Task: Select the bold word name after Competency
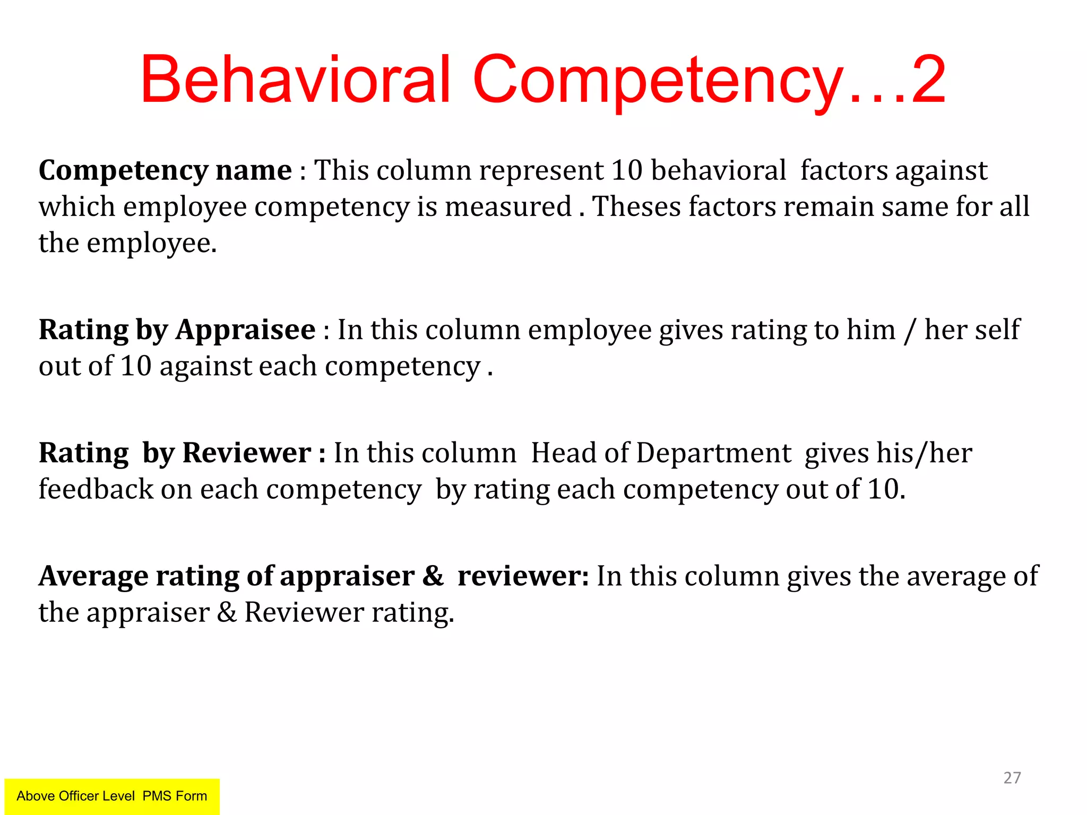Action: click(x=254, y=171)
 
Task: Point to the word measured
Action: click(x=508, y=207)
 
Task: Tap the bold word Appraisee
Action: click(x=245, y=331)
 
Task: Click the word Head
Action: click(x=563, y=454)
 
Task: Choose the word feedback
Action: click(x=96, y=489)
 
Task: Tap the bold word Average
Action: click(x=93, y=577)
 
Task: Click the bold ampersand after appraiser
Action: click(x=433, y=577)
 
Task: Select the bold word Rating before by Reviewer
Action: click(x=83, y=454)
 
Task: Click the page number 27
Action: click(x=1012, y=778)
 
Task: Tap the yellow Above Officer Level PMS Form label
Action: click(x=112, y=796)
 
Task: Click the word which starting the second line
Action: click(x=76, y=207)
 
